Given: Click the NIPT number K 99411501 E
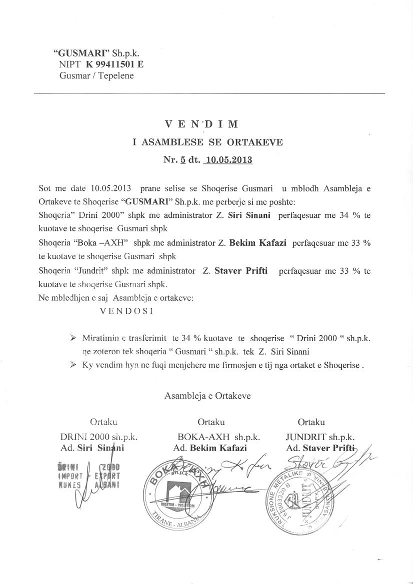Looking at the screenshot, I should [x=114, y=64].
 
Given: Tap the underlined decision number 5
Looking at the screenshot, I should [x=183, y=160].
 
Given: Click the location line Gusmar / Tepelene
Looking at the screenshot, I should [x=96, y=76].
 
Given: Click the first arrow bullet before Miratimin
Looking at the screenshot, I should [x=74, y=338].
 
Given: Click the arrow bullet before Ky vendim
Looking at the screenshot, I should [x=74, y=365].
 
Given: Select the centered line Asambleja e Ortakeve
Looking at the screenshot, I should [x=207, y=396].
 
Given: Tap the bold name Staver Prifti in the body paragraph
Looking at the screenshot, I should [x=241, y=271].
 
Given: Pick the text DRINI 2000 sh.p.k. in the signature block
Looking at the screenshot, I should [x=99, y=436].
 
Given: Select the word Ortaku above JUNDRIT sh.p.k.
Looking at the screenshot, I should [x=311, y=422].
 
